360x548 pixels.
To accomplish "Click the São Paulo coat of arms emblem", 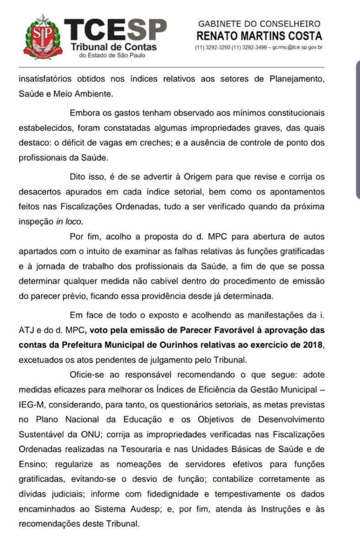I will coord(42,37).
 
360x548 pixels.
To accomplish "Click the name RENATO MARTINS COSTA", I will coord(259,36).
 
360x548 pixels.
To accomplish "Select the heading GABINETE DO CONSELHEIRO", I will coord(259,24).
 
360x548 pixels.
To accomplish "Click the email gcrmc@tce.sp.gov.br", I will coord(298,47).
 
